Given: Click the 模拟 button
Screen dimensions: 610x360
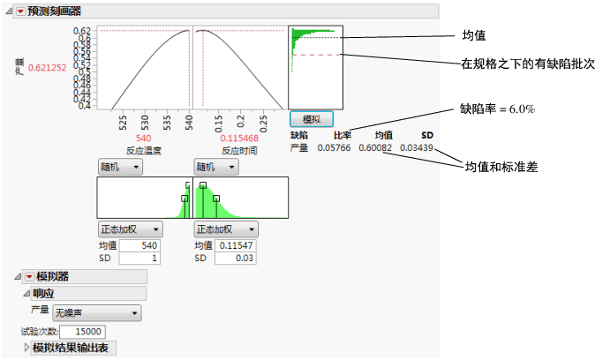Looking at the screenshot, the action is pyautogui.click(x=312, y=119).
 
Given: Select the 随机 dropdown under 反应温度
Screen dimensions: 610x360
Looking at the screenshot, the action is pyautogui.click(x=120, y=167).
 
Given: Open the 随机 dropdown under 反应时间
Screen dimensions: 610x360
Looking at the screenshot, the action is pyautogui.click(x=216, y=167).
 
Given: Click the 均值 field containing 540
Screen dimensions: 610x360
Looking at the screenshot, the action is pyautogui.click(x=139, y=245).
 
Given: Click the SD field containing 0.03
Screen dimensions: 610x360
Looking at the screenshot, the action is pyautogui.click(x=236, y=259).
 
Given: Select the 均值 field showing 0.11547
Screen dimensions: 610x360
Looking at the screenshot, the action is pyautogui.click(x=236, y=245).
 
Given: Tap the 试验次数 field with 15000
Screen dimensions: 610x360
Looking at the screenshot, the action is pyautogui.click(x=82, y=332).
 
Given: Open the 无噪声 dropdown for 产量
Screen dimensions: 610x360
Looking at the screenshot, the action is pyautogui.click(x=97, y=313).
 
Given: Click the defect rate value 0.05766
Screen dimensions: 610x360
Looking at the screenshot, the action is pyautogui.click(x=334, y=147).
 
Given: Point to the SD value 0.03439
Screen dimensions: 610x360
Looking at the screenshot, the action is pyautogui.click(x=417, y=147).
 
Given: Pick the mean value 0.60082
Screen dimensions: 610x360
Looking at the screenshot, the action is pyautogui.click(x=375, y=147).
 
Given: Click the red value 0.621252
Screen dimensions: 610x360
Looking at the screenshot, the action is pyautogui.click(x=48, y=68).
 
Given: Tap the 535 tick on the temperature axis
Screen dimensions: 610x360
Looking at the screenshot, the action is pyautogui.click(x=167, y=123).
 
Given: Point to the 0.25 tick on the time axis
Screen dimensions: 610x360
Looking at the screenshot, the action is pyautogui.click(x=263, y=124).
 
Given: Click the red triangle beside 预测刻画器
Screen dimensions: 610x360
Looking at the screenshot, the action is pyautogui.click(x=20, y=11).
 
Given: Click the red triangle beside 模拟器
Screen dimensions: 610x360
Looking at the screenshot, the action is pyautogui.click(x=29, y=277).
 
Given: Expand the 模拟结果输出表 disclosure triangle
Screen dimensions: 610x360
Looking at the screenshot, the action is pyautogui.click(x=26, y=347).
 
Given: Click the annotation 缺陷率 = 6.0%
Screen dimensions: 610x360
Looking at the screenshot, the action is pyautogui.click(x=497, y=109).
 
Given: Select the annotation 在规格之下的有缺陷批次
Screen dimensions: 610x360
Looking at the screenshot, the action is pyautogui.click(x=528, y=64).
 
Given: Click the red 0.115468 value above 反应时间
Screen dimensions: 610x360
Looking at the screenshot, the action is pyautogui.click(x=239, y=139).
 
